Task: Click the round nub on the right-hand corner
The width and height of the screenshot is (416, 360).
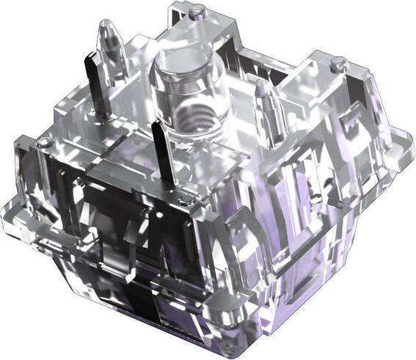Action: point(337,65)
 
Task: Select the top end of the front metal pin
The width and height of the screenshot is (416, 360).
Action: point(156,123)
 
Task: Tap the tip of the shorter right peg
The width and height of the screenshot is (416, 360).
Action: point(260,82)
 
